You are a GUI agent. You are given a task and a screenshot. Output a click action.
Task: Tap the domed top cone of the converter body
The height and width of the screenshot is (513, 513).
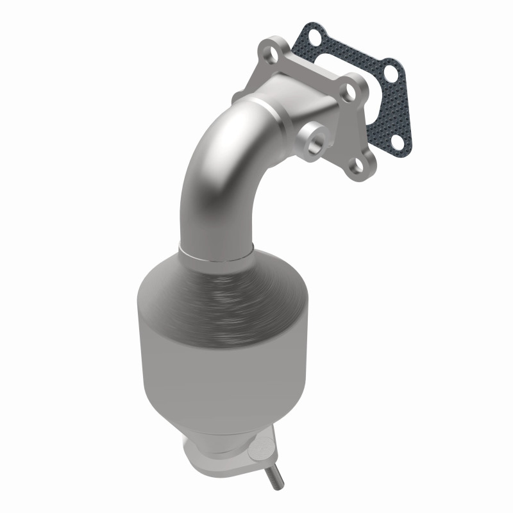205,282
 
